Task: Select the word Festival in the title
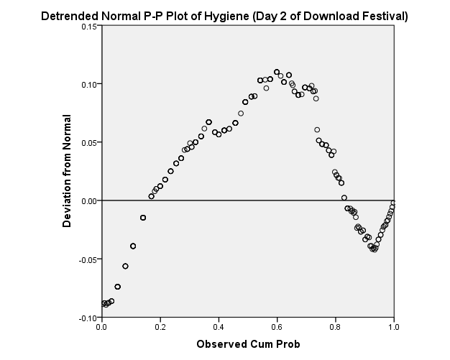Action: pos(382,15)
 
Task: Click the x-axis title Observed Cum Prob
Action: pos(248,344)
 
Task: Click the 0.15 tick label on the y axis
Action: pos(87,27)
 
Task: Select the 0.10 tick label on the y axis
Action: pos(87,85)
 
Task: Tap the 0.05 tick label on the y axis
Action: pos(87,143)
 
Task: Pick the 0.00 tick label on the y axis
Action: pos(87,201)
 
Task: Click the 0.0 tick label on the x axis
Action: pos(101,328)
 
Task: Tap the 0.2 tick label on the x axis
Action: pos(160,328)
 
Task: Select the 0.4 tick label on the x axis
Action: pos(219,328)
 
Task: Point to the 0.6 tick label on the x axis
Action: pos(277,328)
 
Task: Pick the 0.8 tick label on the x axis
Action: pos(336,328)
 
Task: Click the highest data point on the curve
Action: pos(277,72)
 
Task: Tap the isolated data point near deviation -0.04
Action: pos(133,246)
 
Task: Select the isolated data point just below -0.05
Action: pos(125,266)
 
